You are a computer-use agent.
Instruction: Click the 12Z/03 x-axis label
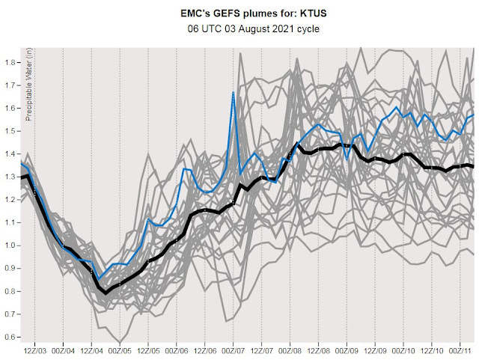point(35,350)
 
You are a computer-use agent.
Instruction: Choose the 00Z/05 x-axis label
point(120,350)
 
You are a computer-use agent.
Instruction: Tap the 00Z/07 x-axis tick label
point(234,350)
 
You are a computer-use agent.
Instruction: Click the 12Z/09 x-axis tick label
point(375,350)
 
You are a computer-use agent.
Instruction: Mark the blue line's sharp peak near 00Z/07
point(234,93)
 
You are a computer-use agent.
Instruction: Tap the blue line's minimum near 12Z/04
point(98,278)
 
